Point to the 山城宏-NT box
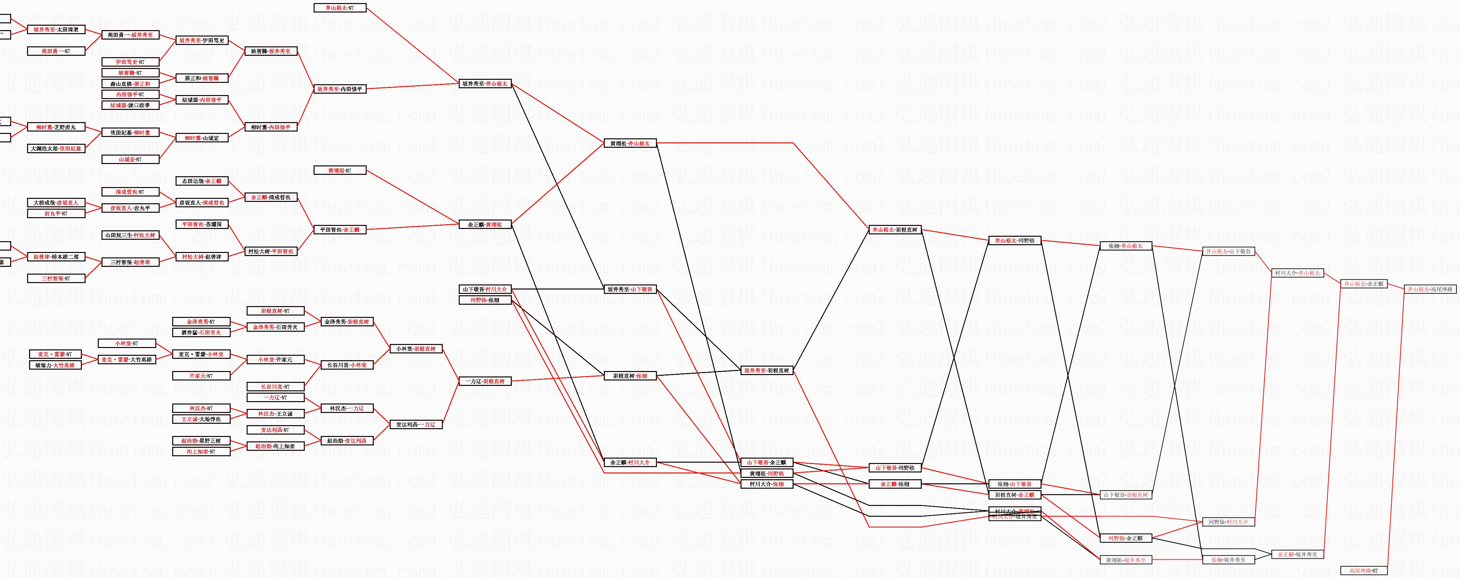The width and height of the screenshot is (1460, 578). click(130, 160)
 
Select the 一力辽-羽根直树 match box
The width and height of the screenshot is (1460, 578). click(485, 382)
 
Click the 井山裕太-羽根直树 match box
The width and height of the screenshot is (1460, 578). click(894, 230)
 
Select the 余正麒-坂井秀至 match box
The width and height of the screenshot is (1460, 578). click(1297, 555)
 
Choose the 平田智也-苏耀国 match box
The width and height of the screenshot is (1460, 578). click(201, 224)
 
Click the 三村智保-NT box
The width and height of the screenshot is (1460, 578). click(56, 279)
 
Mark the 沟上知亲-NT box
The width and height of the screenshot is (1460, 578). click(201, 452)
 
